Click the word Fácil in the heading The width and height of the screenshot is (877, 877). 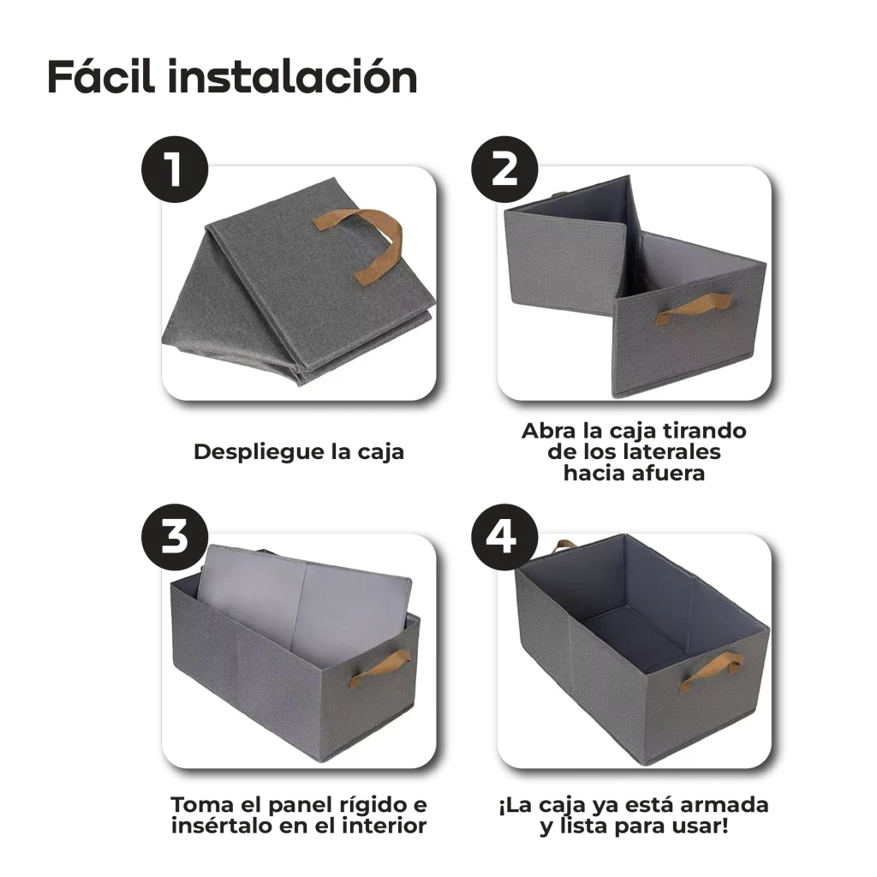click(x=101, y=76)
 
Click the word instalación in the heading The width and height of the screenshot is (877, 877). click(x=293, y=76)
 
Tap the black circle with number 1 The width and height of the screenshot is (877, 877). click(x=175, y=170)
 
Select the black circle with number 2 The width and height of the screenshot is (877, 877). click(x=504, y=170)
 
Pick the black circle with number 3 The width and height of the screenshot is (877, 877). click(x=175, y=537)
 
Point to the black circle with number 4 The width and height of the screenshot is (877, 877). click(x=504, y=537)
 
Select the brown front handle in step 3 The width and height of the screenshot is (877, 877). click(x=380, y=667)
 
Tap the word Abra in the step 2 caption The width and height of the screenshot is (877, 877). click(x=548, y=431)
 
